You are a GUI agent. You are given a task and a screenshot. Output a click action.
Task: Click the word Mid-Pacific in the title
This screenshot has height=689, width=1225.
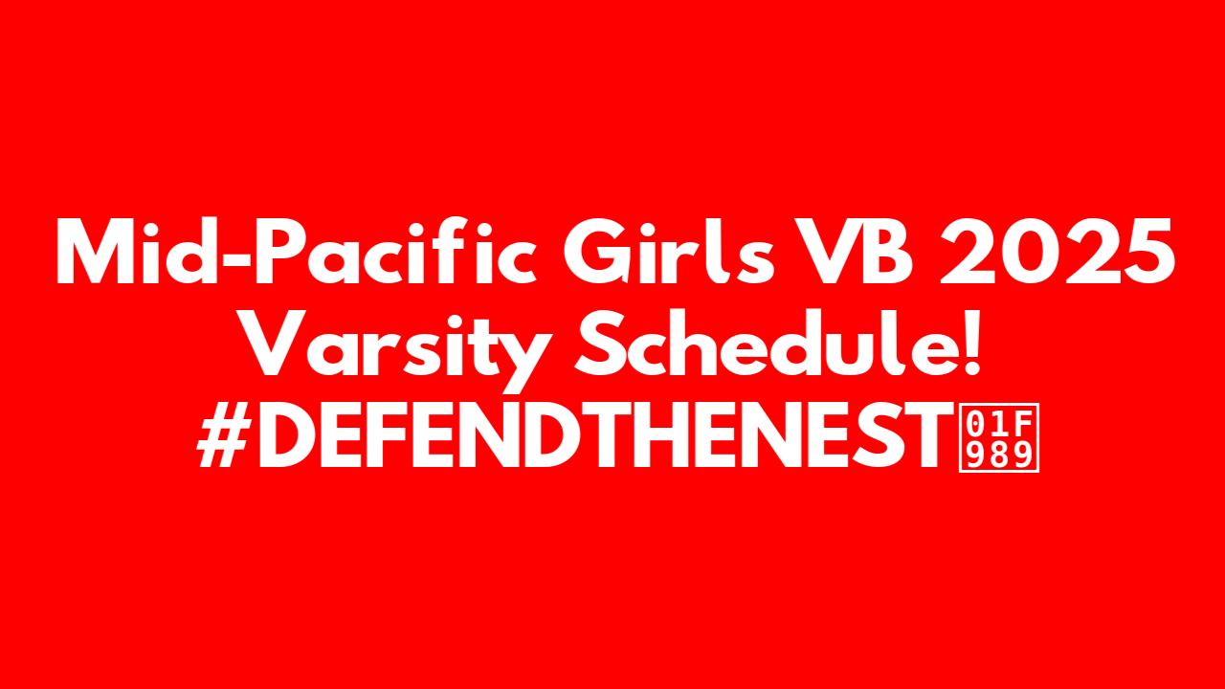(x=296, y=251)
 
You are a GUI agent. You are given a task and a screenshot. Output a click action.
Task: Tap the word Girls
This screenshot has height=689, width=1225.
(x=668, y=251)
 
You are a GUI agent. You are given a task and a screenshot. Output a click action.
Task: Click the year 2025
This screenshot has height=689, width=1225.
(x=1058, y=252)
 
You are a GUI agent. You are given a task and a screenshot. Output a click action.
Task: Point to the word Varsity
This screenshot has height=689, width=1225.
(x=395, y=350)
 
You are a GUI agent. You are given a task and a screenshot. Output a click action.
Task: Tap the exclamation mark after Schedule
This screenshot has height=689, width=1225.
(x=969, y=343)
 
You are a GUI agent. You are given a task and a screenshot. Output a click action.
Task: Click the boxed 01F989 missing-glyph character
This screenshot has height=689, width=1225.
(x=998, y=437)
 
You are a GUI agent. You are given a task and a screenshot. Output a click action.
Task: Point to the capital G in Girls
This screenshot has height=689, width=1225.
(x=597, y=252)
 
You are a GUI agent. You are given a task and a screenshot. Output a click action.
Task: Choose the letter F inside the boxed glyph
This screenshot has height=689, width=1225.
(x=1023, y=423)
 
